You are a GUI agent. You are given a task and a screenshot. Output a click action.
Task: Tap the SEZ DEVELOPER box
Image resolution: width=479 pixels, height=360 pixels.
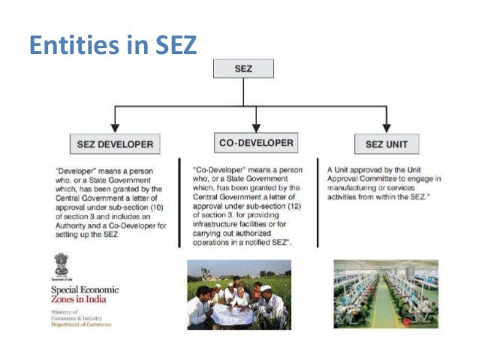pos(115,143)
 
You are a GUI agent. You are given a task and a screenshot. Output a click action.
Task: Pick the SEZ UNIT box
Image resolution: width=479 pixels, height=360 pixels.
pos(386,143)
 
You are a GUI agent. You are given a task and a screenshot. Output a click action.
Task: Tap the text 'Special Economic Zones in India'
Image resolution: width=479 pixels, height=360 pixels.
pos(84,295)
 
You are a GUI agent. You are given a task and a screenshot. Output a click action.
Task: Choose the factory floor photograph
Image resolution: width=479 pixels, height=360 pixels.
pos(386,294)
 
